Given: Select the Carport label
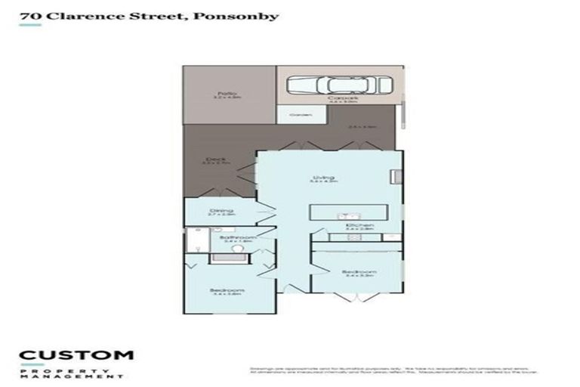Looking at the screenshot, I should click(337, 99).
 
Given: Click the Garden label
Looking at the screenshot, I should click(295, 115).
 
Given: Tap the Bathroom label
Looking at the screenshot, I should click(233, 239).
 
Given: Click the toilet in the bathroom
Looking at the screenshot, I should click(236, 249).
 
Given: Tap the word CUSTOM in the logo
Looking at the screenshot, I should click(76, 354).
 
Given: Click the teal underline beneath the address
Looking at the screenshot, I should click(30, 25).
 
